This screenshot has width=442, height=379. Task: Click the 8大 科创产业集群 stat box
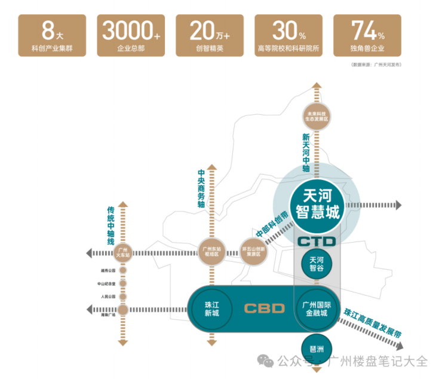(x=52, y=36)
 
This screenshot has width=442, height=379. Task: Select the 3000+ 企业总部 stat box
(x=131, y=36)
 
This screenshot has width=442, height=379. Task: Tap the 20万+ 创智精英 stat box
(x=210, y=36)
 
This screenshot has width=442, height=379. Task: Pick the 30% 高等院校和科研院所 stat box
(x=288, y=36)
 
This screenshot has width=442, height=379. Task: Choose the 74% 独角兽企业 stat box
(x=368, y=36)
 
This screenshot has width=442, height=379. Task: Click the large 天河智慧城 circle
(x=317, y=203)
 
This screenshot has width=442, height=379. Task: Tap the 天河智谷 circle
(x=317, y=264)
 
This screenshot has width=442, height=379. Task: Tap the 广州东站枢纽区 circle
(x=211, y=250)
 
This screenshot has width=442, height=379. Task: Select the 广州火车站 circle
(x=124, y=250)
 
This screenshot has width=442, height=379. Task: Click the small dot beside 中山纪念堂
(x=123, y=283)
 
